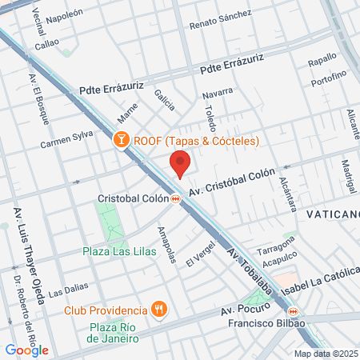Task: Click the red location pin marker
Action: coord(180,165)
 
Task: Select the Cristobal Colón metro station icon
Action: coord(174,198)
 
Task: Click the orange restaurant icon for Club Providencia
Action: coord(159,310)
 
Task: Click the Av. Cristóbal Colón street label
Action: coord(232,182)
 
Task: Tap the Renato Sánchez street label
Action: coord(220,20)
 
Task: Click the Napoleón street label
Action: coord(65,15)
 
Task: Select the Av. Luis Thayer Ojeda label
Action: coord(18,241)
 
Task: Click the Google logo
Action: coord(26,350)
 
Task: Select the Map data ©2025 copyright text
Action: coord(326,354)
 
